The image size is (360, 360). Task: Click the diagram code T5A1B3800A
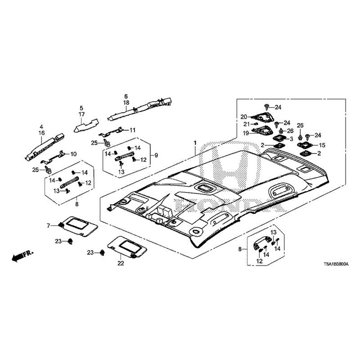point(336,264)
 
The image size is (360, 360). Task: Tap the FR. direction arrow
point(22,256)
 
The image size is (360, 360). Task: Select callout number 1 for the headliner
point(195,143)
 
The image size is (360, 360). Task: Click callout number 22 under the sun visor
point(121,263)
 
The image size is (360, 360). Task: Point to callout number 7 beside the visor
point(48,226)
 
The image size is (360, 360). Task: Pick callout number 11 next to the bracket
point(132,130)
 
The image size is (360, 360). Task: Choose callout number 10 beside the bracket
point(73,154)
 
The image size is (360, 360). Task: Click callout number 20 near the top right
point(244,117)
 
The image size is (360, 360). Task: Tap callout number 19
point(246,133)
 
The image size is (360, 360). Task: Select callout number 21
point(246,124)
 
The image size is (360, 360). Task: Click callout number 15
point(322,145)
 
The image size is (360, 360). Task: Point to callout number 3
point(291,139)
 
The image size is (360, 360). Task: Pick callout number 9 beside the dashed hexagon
point(156,155)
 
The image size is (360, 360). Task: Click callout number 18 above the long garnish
point(126,103)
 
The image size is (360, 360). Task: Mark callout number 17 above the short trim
point(82,114)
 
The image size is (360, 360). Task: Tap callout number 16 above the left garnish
point(42,133)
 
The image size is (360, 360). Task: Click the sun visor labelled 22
point(128,247)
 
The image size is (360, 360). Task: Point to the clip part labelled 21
point(255,124)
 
